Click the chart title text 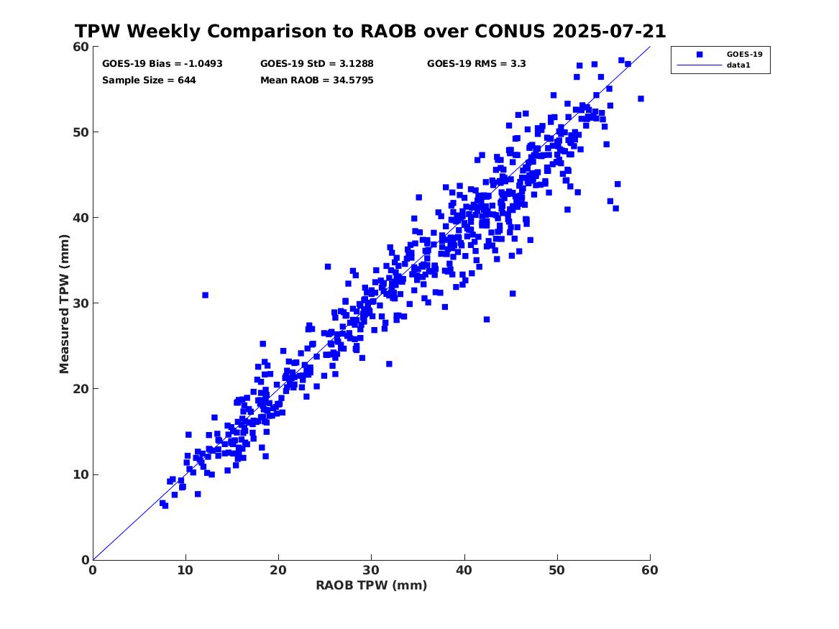[370, 32]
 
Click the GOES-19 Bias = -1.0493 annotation [162, 63]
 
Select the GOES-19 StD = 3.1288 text [316, 63]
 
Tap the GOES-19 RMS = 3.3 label [476, 63]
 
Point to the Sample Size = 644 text [149, 80]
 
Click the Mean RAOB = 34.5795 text [316, 80]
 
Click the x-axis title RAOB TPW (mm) [371, 585]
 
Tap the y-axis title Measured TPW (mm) [65, 303]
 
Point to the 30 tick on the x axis [371, 570]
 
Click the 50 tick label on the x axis [557, 570]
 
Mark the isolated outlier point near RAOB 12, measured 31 [205, 295]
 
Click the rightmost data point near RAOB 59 [641, 98]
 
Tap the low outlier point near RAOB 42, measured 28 [486, 319]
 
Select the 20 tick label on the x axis [278, 570]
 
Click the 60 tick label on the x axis [650, 570]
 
